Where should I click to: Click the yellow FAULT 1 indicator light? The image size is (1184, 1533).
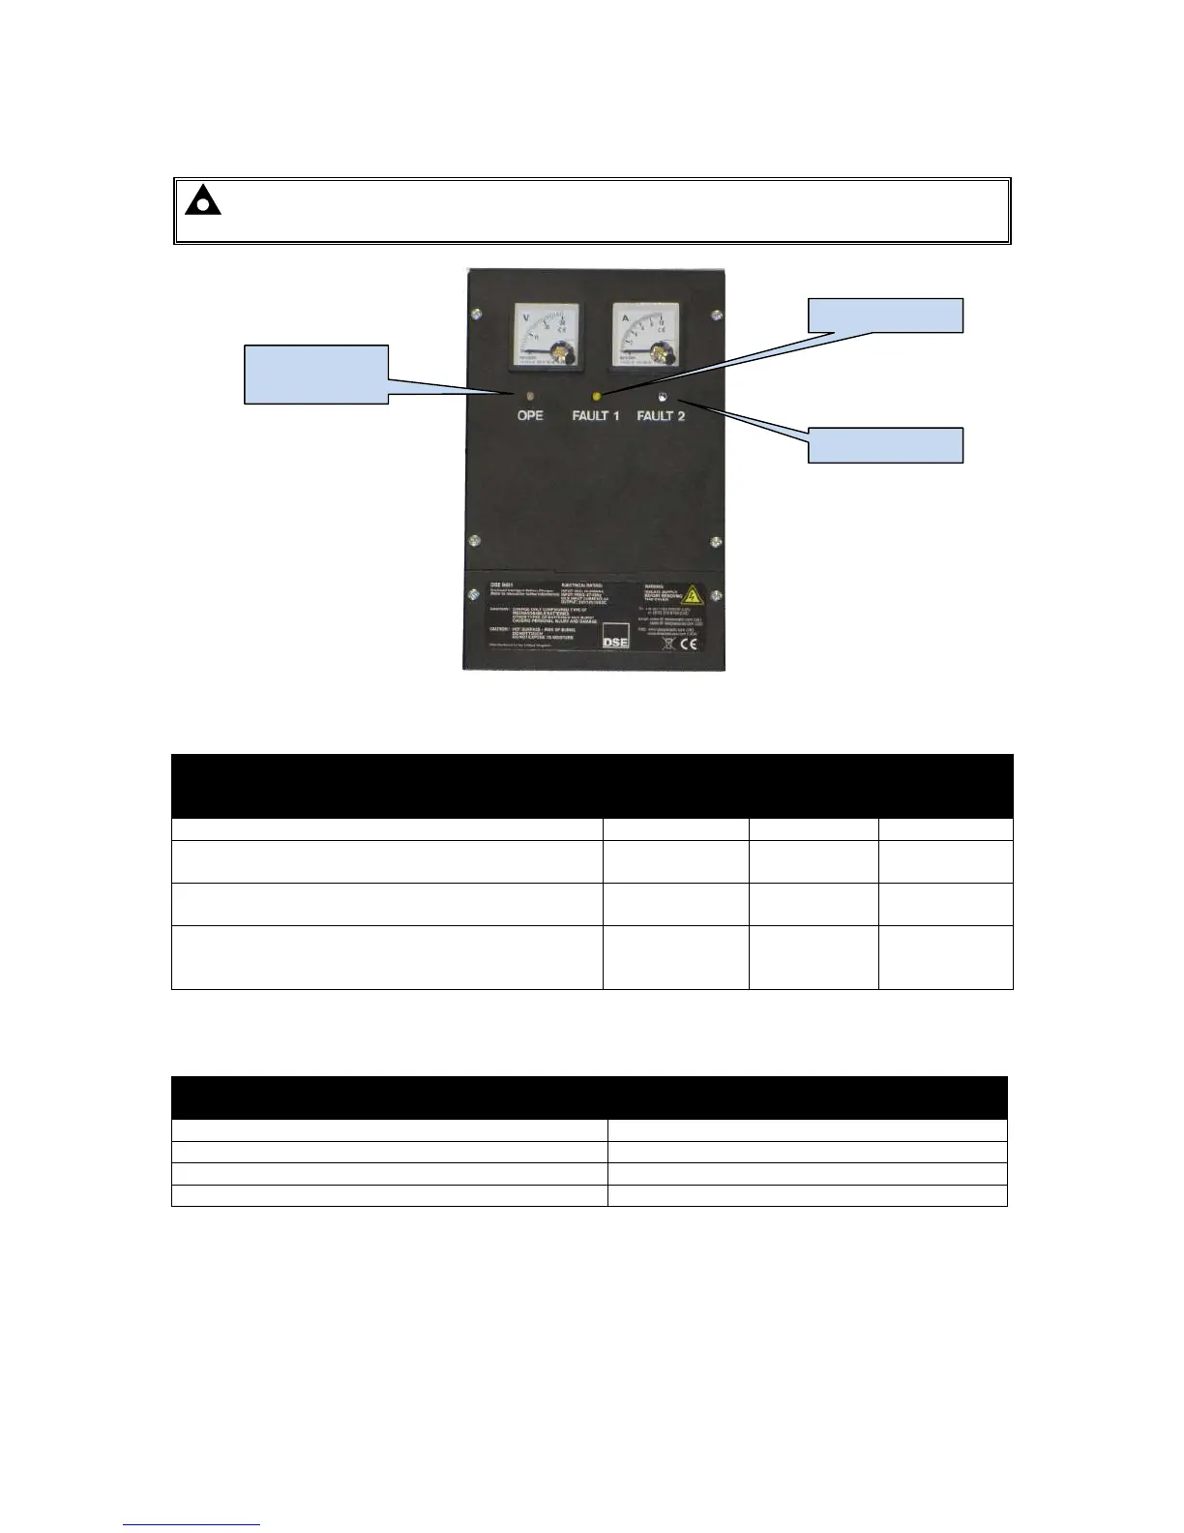(x=597, y=396)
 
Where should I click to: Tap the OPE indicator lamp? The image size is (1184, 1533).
(x=529, y=397)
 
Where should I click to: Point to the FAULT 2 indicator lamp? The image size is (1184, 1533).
(x=662, y=396)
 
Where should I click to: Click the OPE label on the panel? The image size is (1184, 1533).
(x=529, y=416)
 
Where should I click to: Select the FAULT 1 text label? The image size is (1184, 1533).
(x=596, y=416)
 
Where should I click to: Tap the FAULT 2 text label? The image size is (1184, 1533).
(x=662, y=416)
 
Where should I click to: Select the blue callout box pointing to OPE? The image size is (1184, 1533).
(x=316, y=373)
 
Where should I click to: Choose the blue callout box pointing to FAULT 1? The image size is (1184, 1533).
(x=885, y=316)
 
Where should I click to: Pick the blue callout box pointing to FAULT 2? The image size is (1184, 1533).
(x=885, y=445)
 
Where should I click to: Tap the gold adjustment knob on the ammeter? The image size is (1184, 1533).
(x=661, y=351)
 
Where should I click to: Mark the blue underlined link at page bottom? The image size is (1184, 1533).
(x=192, y=1525)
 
